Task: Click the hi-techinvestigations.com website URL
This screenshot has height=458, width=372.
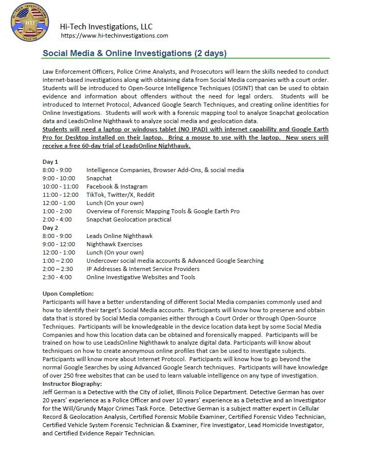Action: (x=114, y=36)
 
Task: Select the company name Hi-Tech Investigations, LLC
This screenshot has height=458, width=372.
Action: (x=106, y=26)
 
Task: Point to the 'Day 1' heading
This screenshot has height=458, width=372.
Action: (x=50, y=162)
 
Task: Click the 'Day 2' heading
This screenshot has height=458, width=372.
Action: (x=50, y=228)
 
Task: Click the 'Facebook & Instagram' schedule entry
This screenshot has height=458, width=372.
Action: (x=117, y=186)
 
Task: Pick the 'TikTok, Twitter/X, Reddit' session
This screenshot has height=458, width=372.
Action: (x=120, y=195)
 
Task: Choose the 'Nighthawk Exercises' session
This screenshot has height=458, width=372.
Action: (x=114, y=244)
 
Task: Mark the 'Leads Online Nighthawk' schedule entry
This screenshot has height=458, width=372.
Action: (x=119, y=236)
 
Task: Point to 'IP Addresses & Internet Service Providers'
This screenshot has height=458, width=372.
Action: (x=143, y=269)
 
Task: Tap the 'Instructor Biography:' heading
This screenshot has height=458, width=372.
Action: (x=72, y=384)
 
